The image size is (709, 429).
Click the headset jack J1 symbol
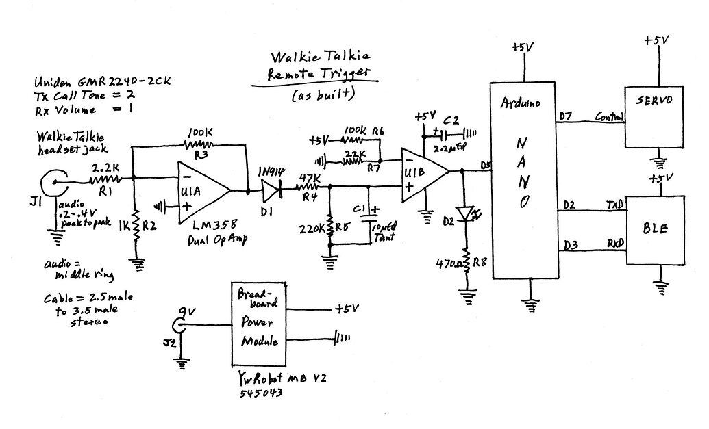coord(52,183)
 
